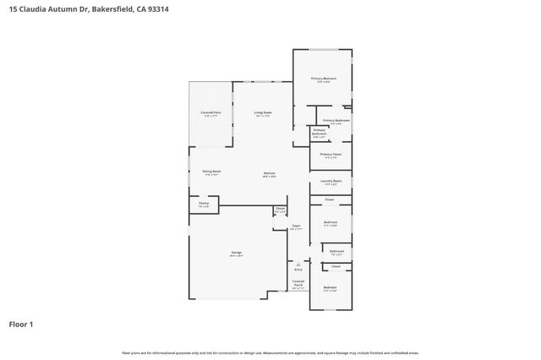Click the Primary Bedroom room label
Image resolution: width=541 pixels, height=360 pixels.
pos(324,79)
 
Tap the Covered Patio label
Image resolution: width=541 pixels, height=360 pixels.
pos(210,112)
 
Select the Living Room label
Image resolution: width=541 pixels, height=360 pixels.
pos(262,112)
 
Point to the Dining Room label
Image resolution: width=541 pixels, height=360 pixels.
pos(211,172)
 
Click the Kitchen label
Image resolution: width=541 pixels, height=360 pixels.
pos(269,173)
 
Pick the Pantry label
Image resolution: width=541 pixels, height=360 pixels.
pos(204,204)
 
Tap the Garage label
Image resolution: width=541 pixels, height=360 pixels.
pos(237,253)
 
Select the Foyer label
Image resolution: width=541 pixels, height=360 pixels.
pos(296,226)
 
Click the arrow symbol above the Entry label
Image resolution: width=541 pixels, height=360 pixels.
pos(298,264)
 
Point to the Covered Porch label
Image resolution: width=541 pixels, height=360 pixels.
pos(298,283)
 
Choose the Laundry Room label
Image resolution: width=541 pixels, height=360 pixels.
pos(331,181)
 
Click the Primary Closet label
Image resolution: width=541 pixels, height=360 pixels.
pos(331,155)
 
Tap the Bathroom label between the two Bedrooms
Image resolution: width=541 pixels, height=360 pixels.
pos(336,251)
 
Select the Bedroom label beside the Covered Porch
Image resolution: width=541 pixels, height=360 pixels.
pos(330,288)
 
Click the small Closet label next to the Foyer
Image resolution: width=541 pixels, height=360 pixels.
pos(280,209)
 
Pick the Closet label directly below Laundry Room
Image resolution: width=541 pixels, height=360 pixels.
pos(330,199)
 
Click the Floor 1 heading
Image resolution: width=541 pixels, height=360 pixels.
pos(22,324)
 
